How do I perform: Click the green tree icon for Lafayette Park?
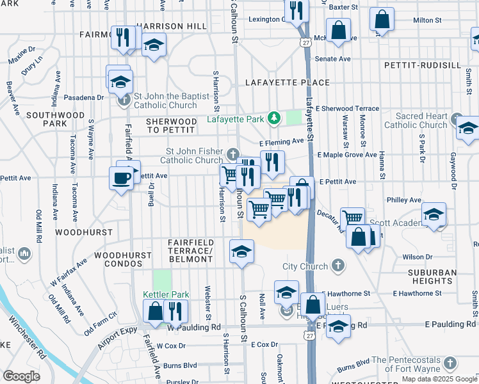pos(275,118)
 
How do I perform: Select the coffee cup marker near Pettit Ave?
pos(121,179)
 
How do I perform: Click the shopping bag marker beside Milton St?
pos(382,20)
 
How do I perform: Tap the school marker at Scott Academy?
pos(434,215)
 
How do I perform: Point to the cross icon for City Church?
pos(338,266)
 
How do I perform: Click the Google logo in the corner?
pos(21,376)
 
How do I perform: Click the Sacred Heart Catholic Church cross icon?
pos(456,119)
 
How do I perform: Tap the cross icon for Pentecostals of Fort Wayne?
pos(450,364)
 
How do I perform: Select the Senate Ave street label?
pos(336,58)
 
